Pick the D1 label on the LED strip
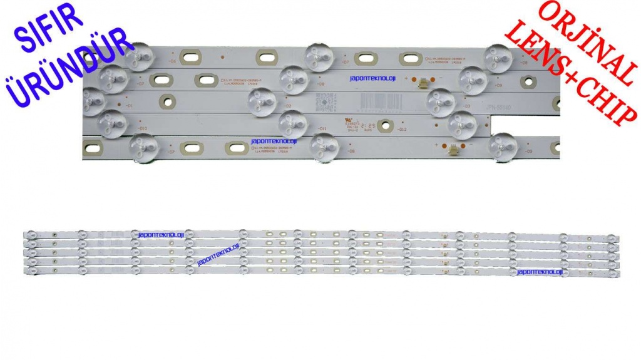pos(129,106)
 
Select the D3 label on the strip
pos(466,106)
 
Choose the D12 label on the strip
pos(403,129)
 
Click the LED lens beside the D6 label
pos(139,57)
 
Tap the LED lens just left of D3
pos(441,103)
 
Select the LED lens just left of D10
pos(113,123)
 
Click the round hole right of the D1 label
pos(166,100)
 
